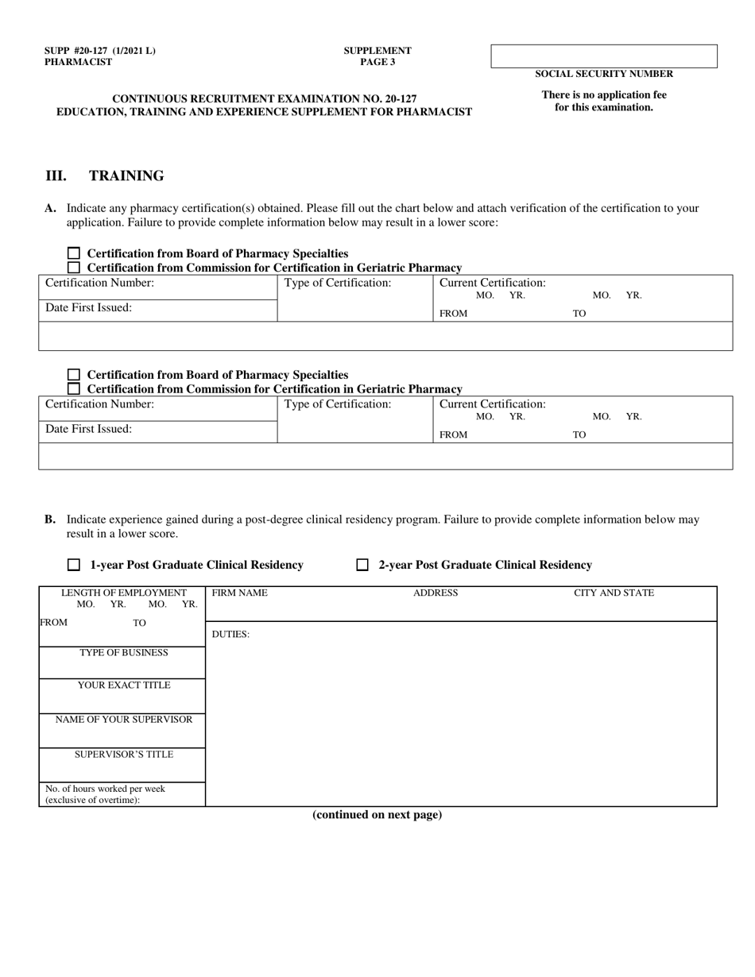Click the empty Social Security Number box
[604, 56]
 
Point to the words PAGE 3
[377, 62]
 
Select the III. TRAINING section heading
[104, 176]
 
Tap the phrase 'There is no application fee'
[604, 95]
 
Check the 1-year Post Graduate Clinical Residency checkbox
[74, 565]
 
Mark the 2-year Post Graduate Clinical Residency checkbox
[362, 565]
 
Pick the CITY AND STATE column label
[614, 593]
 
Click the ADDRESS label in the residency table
[436, 593]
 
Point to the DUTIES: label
[230, 634]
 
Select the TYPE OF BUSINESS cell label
[123, 652]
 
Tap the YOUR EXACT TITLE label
[123, 685]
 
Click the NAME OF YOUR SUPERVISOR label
[123, 719]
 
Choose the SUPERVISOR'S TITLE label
[123, 754]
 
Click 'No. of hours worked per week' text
[105, 789]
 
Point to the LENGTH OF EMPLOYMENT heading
[123, 593]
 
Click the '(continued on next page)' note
[377, 814]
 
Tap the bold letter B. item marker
[50, 519]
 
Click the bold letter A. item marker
[50, 208]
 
